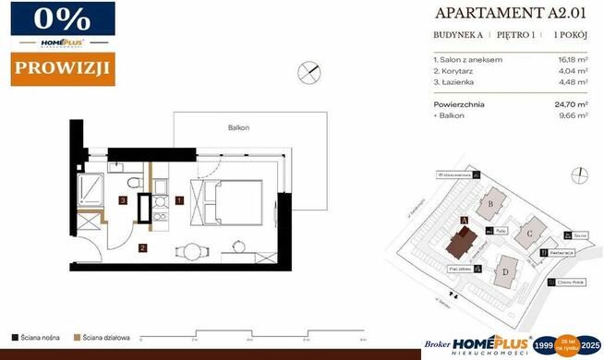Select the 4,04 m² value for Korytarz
[570, 70]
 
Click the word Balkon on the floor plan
[239, 127]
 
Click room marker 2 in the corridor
[142, 247]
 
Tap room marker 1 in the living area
[180, 199]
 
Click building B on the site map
[494, 204]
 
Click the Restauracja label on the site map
[562, 252]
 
